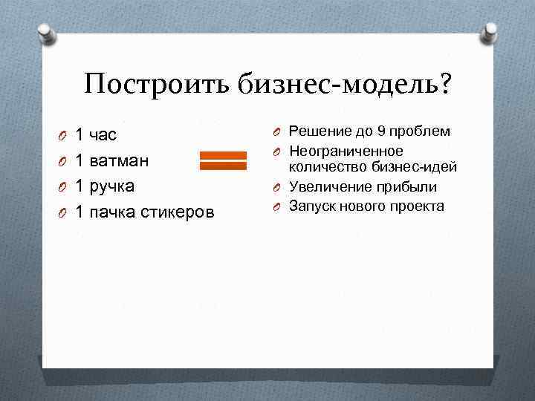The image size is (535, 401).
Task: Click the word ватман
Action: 119,161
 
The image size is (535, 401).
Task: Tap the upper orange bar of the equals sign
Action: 222,156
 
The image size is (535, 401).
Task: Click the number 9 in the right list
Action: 381,131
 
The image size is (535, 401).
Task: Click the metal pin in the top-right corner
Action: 490,31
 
